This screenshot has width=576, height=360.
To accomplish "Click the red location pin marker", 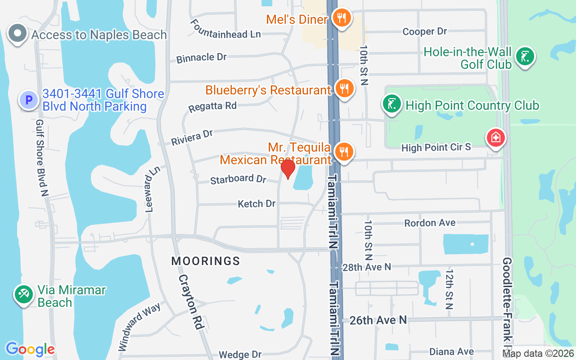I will click(x=288, y=169).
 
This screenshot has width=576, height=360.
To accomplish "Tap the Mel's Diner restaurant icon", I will click(x=342, y=18).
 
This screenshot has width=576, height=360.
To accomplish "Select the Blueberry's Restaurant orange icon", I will click(x=345, y=89).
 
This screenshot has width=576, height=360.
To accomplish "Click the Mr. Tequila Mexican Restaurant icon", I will click(x=345, y=152).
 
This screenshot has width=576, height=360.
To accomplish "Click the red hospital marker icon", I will click(x=496, y=137).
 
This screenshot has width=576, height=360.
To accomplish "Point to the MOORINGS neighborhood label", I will click(x=206, y=261).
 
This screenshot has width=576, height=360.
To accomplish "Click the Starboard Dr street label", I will click(x=238, y=179).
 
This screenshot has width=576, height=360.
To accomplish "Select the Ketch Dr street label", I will click(x=256, y=204).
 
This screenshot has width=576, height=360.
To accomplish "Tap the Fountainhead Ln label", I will click(x=225, y=29).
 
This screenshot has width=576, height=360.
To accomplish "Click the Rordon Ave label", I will click(x=430, y=223).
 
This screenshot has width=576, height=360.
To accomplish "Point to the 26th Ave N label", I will click(x=378, y=320).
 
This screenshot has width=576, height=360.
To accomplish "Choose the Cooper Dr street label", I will click(x=424, y=31).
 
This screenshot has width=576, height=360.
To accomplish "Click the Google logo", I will click(x=30, y=349).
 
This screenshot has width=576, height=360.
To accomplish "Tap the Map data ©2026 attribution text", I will click(x=538, y=354).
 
